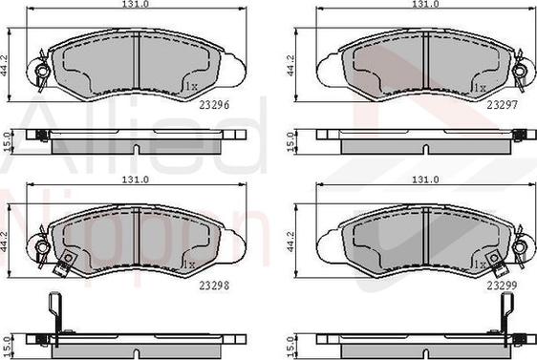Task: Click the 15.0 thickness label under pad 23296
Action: pos(9,141)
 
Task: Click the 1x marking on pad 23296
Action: pos(191,87)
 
